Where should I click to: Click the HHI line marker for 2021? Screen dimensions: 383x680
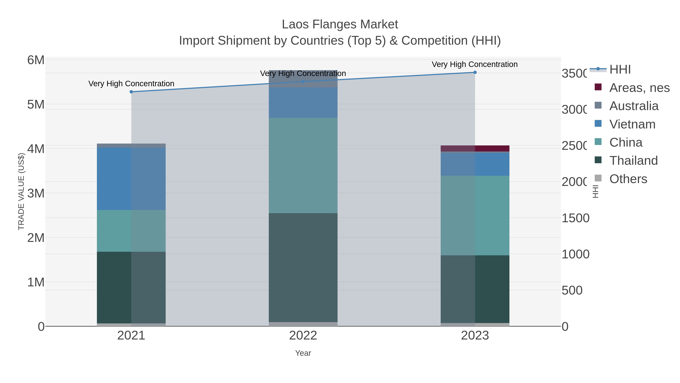(x=131, y=92)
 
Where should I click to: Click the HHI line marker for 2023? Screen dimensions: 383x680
(x=475, y=72)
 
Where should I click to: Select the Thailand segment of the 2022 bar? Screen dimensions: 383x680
(x=303, y=267)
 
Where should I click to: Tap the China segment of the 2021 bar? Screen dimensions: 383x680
(x=131, y=231)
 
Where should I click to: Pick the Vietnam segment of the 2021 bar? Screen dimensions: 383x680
(x=131, y=179)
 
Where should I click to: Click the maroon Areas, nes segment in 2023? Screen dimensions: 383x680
(x=475, y=148)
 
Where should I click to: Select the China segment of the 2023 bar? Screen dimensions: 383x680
(x=475, y=215)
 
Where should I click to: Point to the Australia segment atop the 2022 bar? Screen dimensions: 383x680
(x=303, y=79)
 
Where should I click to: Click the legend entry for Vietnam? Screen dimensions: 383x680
(x=632, y=124)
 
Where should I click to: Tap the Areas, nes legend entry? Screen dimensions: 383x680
(x=639, y=88)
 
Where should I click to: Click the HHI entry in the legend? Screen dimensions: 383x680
(x=620, y=70)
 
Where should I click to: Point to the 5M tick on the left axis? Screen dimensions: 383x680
(x=36, y=105)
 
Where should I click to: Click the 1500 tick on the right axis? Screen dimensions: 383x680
(x=575, y=218)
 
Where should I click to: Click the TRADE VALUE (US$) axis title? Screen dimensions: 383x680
(x=21, y=191)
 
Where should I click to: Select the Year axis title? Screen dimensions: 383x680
(x=303, y=353)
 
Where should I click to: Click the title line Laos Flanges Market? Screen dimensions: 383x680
(x=340, y=24)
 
